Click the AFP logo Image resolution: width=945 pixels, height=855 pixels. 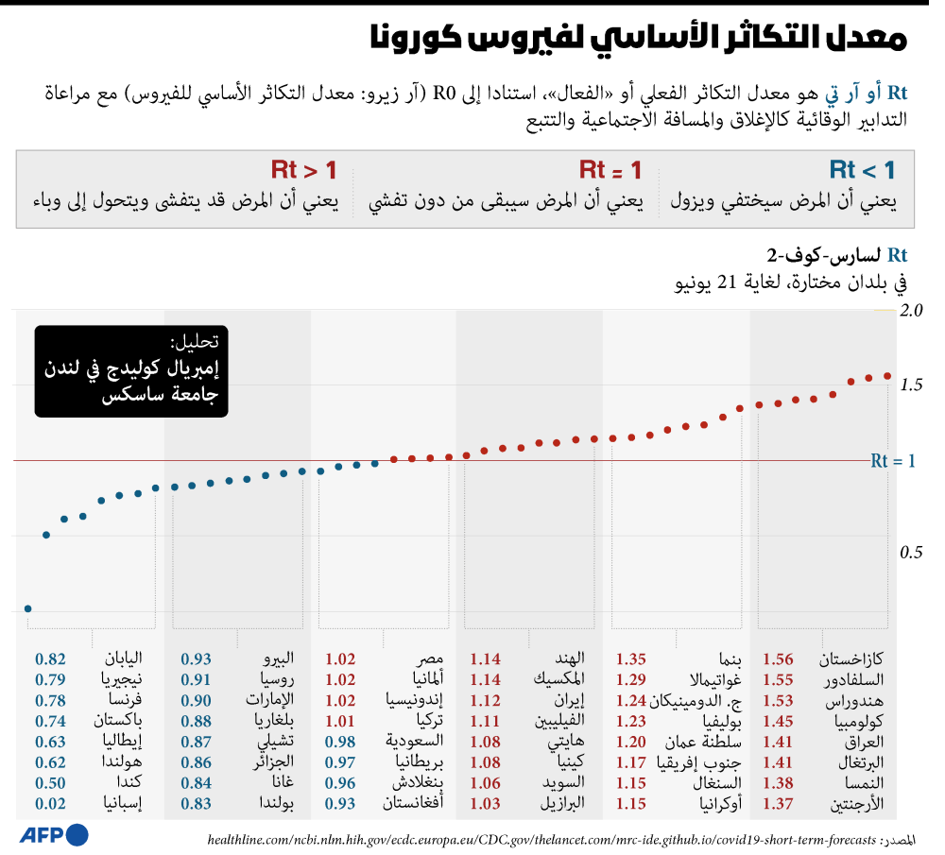coord(54,834)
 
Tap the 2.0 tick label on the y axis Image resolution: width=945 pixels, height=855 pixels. coord(911,310)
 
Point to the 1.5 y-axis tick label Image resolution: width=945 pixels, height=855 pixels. coord(911,385)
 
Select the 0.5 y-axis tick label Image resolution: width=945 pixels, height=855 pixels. coord(911,553)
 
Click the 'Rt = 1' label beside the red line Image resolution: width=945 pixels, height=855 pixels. coord(893,461)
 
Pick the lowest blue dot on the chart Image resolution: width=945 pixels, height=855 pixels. coord(27,608)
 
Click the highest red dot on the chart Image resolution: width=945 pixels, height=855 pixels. coord(887,376)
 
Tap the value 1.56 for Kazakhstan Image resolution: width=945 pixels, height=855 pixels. coord(778,659)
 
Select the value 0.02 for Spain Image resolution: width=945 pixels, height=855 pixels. coord(50,803)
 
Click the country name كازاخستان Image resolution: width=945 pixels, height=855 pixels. coord(851,659)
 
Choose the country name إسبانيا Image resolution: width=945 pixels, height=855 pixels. coord(122,803)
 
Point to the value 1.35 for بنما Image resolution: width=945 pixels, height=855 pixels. coord(631,659)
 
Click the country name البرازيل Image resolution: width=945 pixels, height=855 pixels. coord(562,803)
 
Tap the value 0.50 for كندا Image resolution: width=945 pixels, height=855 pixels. coord(50,782)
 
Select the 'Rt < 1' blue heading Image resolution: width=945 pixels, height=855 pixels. coord(862,170)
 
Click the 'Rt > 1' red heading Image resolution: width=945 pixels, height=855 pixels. coord(303,170)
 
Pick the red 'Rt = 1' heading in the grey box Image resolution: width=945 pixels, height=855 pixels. coord(610,170)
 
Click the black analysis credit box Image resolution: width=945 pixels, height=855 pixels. coord(131,371)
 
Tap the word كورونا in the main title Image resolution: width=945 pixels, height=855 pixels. coord(416,38)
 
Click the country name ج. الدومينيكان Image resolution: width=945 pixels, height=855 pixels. coord(696,700)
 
